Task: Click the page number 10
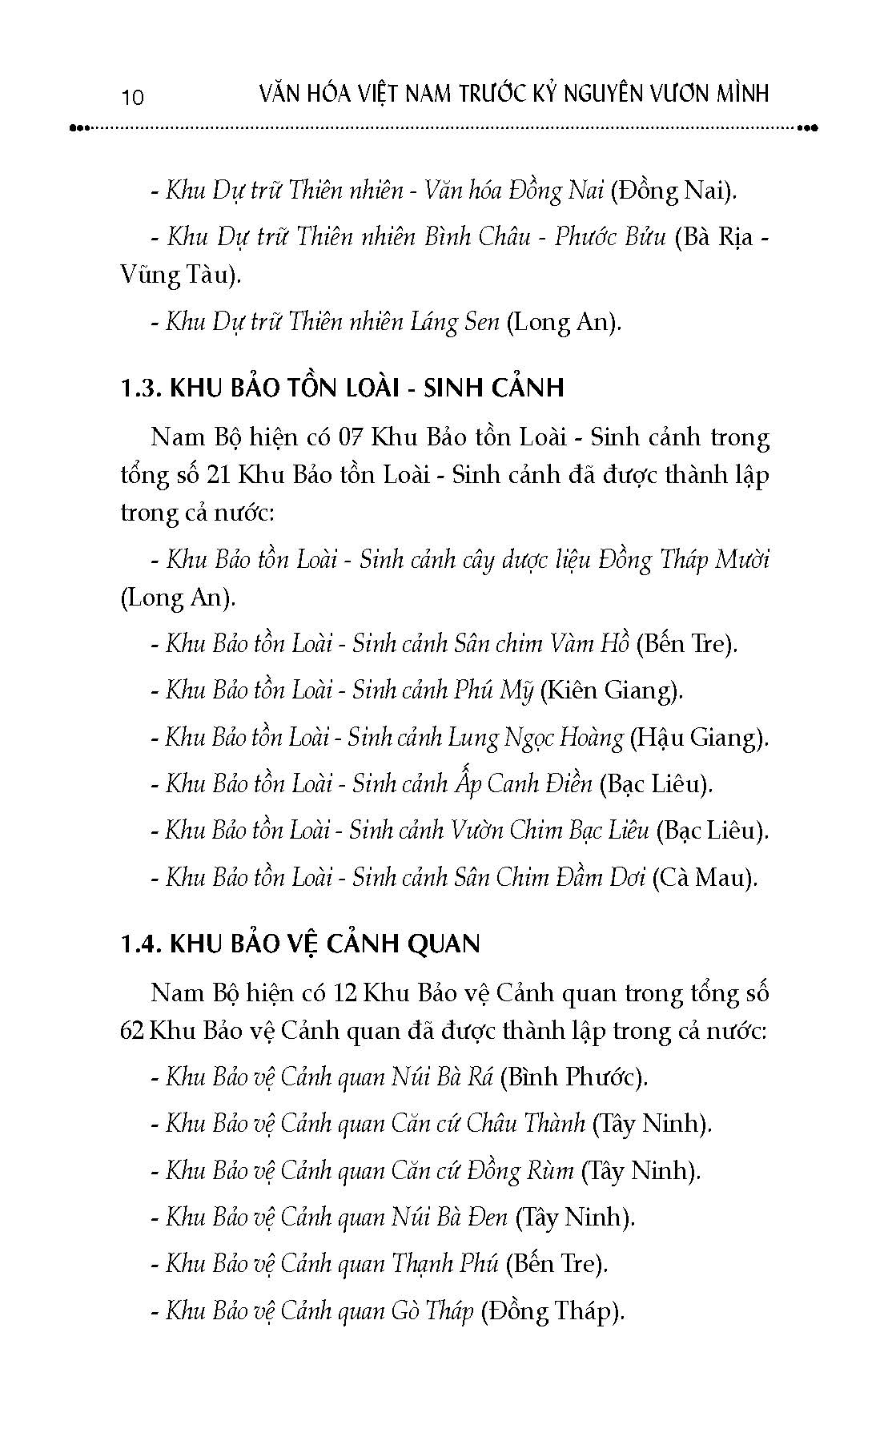click(132, 97)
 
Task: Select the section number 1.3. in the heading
click(141, 388)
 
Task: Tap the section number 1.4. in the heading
click(141, 944)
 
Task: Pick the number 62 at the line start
click(132, 1030)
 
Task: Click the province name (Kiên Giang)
click(612, 690)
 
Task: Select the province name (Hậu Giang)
click(699, 737)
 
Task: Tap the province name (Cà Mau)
click(705, 877)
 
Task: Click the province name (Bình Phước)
click(573, 1077)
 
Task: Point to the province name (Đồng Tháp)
click(552, 1311)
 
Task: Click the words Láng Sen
click(454, 322)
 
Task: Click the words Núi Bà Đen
click(449, 1218)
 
